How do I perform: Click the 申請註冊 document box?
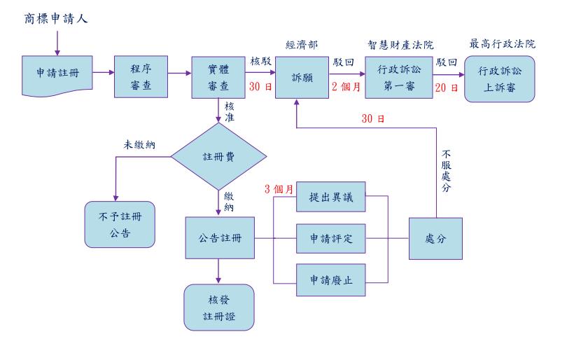(57, 73)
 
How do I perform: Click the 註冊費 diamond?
(219, 158)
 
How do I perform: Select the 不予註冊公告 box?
(118, 224)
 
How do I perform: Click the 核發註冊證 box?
(219, 306)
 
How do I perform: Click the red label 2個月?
(344, 88)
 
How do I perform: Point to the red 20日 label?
(445, 88)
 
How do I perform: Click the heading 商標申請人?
(56, 17)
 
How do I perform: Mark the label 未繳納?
(139, 144)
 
